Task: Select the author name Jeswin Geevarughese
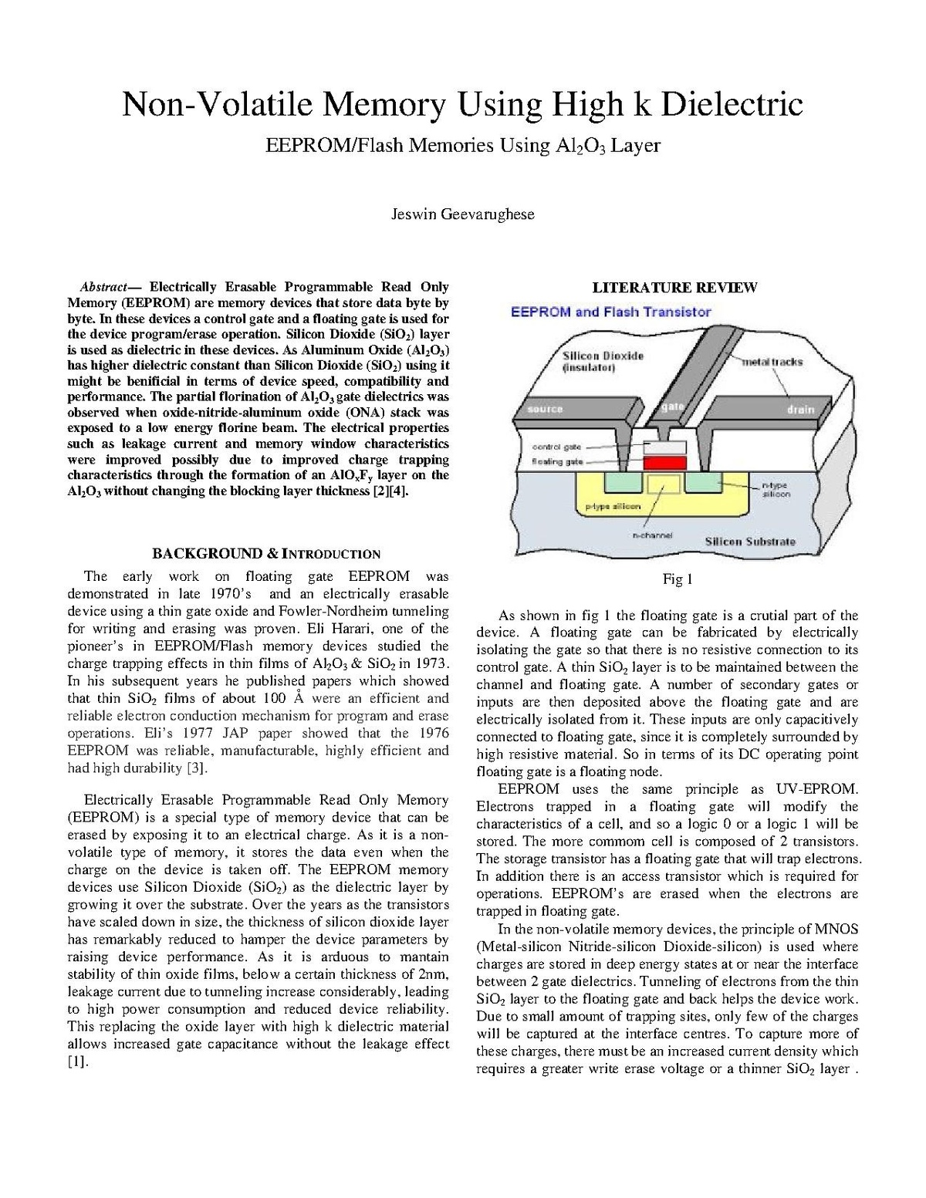pyautogui.click(x=463, y=214)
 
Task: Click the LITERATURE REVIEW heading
pyautogui.click(x=674, y=288)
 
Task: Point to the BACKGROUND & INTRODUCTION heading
pyautogui.click(x=265, y=553)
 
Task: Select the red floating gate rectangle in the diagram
pyautogui.click(x=664, y=462)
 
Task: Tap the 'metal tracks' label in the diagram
pyautogui.click(x=772, y=362)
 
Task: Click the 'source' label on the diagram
pyautogui.click(x=545, y=409)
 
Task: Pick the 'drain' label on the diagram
pyautogui.click(x=800, y=410)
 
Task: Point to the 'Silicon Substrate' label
pyautogui.click(x=749, y=542)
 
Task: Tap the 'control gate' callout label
pyautogui.click(x=556, y=447)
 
